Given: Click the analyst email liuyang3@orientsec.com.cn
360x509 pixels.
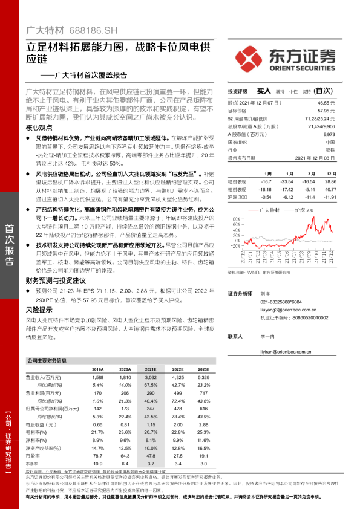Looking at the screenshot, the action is point(288,308).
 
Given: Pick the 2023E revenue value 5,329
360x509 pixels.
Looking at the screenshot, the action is point(203,377).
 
